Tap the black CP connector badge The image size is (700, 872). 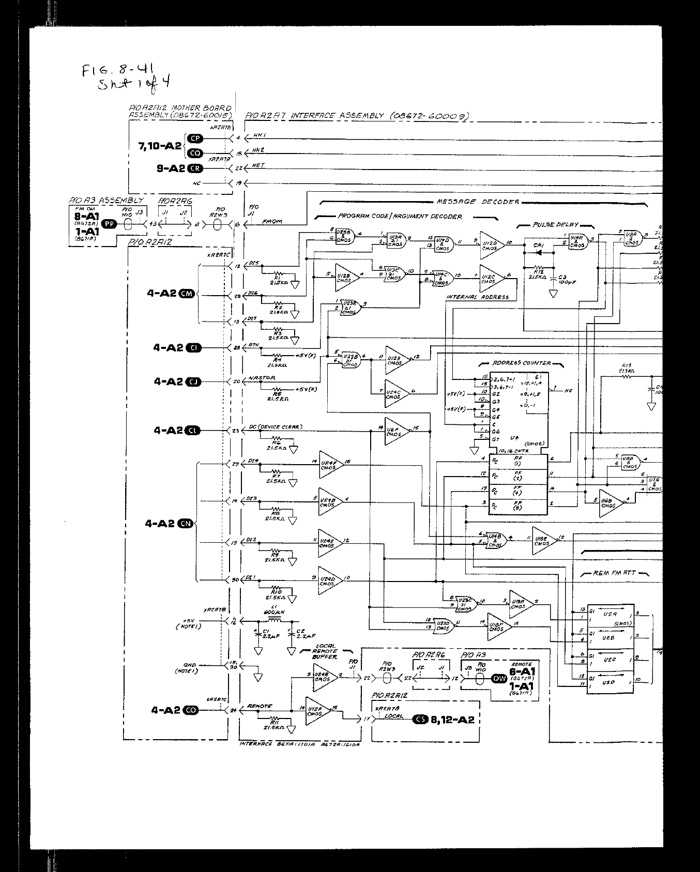point(195,138)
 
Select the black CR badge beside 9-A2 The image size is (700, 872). point(195,169)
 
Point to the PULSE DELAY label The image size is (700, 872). point(556,225)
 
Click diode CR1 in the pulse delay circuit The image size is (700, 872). point(539,253)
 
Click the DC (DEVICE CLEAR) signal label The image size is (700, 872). point(276,427)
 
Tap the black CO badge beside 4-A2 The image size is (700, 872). point(191,710)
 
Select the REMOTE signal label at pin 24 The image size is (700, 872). point(259,706)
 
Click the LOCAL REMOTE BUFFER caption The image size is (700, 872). point(325,651)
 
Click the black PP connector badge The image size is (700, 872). point(109,224)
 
